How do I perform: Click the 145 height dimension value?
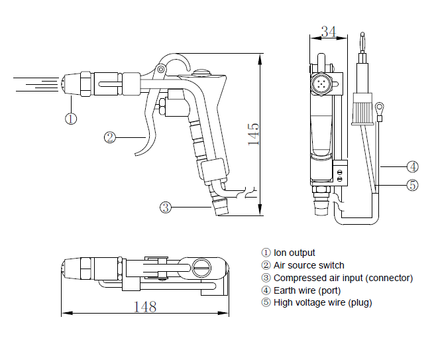click(254, 135)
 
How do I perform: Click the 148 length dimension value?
click(145, 307)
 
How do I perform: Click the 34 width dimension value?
click(329, 32)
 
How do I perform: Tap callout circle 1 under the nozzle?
click(71, 119)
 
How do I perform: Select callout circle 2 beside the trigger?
click(110, 137)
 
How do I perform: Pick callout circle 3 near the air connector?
click(166, 207)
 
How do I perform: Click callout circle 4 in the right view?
click(413, 166)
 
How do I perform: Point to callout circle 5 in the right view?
click(413, 185)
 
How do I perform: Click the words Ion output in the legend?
click(294, 253)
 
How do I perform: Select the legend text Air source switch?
click(309, 265)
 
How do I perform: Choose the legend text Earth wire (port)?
click(307, 290)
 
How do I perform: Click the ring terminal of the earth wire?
click(380, 107)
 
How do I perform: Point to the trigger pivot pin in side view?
click(160, 69)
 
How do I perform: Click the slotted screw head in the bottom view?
click(201, 268)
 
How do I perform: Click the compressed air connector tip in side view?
click(221, 207)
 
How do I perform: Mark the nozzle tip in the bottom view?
click(62, 269)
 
